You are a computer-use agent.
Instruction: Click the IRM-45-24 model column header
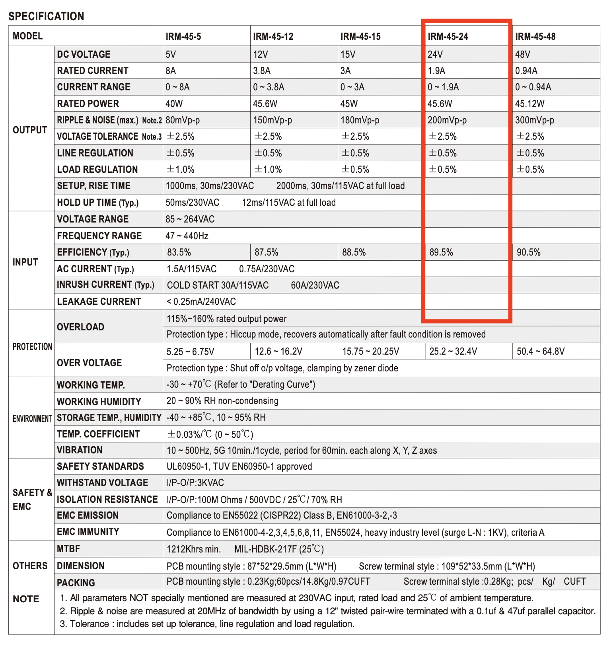(x=448, y=37)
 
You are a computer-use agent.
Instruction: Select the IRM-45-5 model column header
(x=183, y=37)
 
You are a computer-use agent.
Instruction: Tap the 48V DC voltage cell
(x=523, y=54)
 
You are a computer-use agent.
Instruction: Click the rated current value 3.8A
(x=262, y=71)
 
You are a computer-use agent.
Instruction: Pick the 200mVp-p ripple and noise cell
(x=447, y=120)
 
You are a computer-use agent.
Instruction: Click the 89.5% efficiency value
(x=441, y=252)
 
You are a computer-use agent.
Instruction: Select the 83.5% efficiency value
(x=179, y=252)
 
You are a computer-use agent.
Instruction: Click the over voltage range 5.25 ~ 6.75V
(x=191, y=352)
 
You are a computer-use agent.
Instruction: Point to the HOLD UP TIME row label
(x=98, y=203)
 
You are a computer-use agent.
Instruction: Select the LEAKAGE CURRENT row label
(x=99, y=302)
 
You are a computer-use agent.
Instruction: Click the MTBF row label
(x=68, y=549)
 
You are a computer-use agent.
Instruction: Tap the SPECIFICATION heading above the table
(x=46, y=16)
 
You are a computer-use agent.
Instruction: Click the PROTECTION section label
(x=32, y=347)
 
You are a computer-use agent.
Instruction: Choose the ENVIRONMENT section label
(x=32, y=419)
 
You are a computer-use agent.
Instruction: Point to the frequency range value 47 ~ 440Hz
(x=187, y=236)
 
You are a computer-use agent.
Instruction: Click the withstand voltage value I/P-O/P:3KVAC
(x=195, y=483)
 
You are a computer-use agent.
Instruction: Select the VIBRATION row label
(x=80, y=450)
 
